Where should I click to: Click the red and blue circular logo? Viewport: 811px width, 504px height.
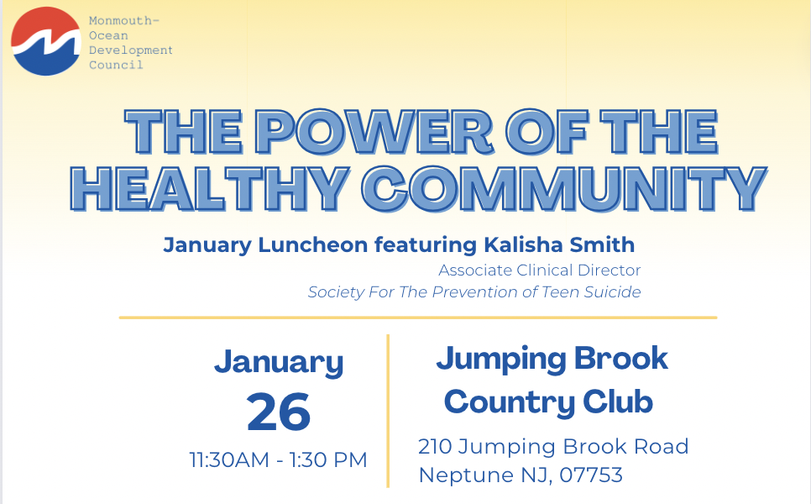tap(46, 41)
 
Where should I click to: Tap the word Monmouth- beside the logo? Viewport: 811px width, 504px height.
tap(124, 21)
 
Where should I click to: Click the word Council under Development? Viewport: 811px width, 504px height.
tap(116, 66)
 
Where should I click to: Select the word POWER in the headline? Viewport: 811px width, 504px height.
tap(374, 133)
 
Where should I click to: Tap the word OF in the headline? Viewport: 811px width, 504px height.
tap(547, 133)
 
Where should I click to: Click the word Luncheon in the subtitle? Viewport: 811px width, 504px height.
tap(313, 244)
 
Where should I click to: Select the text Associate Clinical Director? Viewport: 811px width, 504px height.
tap(540, 270)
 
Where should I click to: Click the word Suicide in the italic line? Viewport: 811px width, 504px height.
tap(612, 291)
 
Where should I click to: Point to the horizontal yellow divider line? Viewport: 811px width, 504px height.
tap(418, 318)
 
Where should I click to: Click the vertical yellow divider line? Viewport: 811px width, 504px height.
tap(388, 411)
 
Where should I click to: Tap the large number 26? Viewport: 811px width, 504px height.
tap(279, 412)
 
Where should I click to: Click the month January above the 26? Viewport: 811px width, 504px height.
tap(279, 362)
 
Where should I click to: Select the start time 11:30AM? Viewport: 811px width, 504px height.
tap(229, 460)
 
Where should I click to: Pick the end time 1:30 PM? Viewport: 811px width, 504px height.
tap(328, 460)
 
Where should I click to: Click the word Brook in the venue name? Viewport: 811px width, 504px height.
tap(621, 358)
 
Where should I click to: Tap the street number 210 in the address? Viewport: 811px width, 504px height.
tap(435, 447)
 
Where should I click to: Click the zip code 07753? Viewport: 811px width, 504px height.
tap(591, 475)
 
